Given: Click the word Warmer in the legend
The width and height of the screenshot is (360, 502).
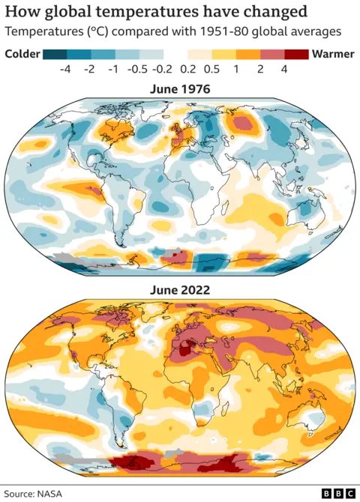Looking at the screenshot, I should pos(333,54).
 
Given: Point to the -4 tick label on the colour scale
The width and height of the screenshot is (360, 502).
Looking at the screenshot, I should pos(66,70).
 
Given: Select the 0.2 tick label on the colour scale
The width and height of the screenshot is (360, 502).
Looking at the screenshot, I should pos(187,70).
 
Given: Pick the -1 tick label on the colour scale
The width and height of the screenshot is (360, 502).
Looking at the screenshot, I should pos(115,70).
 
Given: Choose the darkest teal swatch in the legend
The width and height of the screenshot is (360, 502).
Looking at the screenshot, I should pos(55,54).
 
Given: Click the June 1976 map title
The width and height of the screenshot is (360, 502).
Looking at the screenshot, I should pos(179,89).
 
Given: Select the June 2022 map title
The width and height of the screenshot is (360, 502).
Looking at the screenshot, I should pos(179,289).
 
